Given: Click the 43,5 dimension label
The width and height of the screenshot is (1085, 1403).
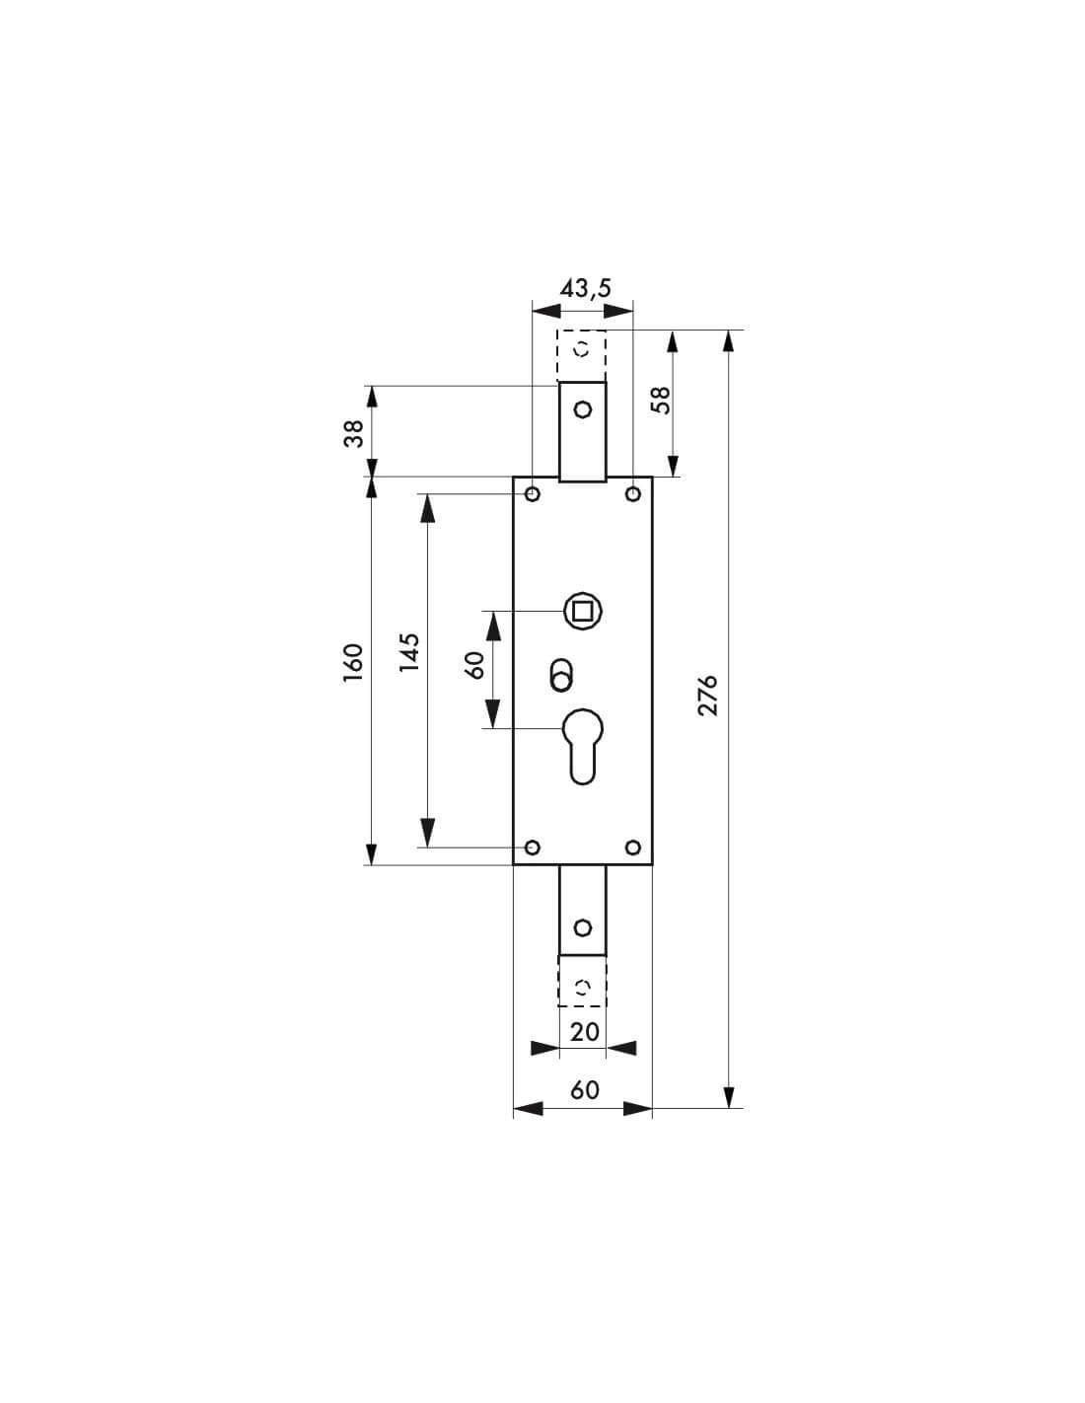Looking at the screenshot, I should [585, 288].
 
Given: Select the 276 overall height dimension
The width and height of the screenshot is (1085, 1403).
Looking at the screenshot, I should [707, 696].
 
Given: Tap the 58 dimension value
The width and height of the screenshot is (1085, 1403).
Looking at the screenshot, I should [661, 399].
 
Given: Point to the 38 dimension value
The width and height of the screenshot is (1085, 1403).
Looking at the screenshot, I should [353, 432].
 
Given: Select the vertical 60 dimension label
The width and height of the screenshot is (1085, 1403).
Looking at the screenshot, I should [474, 664].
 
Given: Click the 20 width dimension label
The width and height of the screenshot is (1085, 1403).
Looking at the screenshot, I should [584, 1031].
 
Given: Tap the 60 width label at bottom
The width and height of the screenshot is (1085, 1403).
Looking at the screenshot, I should [584, 1089].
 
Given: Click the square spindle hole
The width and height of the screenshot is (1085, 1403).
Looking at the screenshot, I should [582, 612].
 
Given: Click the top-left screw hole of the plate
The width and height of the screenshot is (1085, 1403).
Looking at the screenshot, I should [533, 493].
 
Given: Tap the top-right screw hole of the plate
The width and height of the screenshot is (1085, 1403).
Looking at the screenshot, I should [632, 493].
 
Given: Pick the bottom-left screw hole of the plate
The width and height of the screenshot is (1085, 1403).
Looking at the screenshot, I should [533, 848].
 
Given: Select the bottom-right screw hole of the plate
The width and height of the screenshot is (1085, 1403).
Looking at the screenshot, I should [632, 848].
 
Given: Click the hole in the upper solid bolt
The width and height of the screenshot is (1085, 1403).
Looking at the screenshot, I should [582, 408].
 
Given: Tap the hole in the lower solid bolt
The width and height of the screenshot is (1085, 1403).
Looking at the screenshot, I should [582, 927].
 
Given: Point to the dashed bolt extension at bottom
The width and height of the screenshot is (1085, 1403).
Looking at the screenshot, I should [582, 981].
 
